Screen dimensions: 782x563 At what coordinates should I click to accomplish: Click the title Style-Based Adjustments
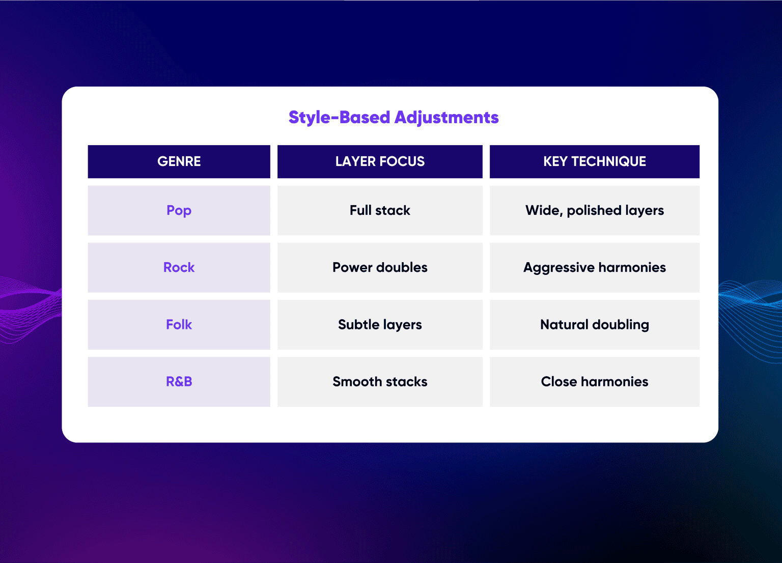click(x=394, y=118)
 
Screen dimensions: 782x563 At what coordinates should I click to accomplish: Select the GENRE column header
click(x=179, y=161)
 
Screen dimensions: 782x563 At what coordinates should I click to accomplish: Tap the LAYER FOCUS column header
click(x=380, y=161)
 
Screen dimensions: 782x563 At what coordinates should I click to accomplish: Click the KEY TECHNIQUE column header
click(x=595, y=161)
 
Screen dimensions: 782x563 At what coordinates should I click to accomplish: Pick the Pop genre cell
click(x=179, y=210)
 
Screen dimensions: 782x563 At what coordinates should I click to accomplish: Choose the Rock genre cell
click(x=179, y=267)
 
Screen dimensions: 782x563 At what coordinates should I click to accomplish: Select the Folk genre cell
click(x=179, y=325)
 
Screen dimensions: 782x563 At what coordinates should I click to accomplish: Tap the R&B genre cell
click(x=179, y=382)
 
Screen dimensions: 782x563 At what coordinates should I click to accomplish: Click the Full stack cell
click(x=380, y=210)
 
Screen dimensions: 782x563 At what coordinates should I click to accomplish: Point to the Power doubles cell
click(x=380, y=267)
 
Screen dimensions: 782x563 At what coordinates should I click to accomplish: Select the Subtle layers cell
click(x=380, y=325)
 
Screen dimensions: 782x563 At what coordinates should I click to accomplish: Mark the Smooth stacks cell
click(x=380, y=382)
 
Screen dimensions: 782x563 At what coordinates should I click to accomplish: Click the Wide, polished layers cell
click(x=595, y=210)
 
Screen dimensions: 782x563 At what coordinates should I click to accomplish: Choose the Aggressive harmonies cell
click(x=595, y=267)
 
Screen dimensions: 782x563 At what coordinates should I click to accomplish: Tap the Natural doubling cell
click(x=595, y=325)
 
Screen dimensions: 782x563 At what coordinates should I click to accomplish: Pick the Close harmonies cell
click(x=595, y=382)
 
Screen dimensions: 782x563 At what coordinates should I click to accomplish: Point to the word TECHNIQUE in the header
click(x=609, y=161)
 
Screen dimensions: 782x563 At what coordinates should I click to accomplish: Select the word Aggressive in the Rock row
click(x=559, y=268)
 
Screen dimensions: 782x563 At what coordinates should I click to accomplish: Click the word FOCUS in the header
click(x=402, y=161)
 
